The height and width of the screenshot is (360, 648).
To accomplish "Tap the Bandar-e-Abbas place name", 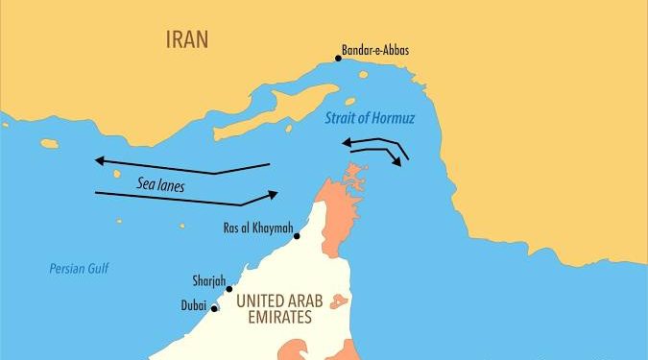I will pyautogui.click(x=375, y=50).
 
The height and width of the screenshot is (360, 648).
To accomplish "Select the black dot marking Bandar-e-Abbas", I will pyautogui.click(x=338, y=58).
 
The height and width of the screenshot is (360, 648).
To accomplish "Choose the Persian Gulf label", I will pyautogui.click(x=80, y=269).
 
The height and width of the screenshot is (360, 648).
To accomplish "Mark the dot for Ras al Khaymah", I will pyautogui.click(x=298, y=236).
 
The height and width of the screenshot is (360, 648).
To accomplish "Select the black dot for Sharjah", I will pyautogui.click(x=228, y=288).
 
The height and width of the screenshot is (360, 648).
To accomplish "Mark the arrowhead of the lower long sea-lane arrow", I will pyautogui.click(x=273, y=194).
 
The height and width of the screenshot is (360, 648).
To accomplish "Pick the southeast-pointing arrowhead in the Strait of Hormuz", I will pyautogui.click(x=396, y=162).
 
